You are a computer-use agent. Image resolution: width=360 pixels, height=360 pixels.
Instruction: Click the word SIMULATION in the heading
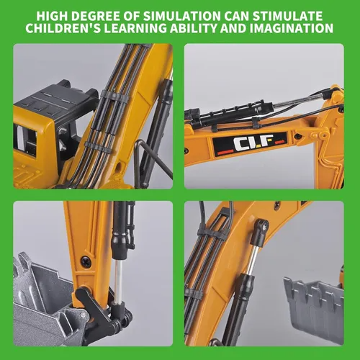pyautogui.click(x=182, y=16)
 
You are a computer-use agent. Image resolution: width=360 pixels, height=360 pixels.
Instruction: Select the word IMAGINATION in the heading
pyautogui.click(x=292, y=28)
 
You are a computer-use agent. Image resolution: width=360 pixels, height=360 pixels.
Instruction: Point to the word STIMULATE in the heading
pyautogui.click(x=287, y=16)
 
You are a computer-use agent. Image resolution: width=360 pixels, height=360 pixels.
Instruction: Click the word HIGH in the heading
pyautogui.click(x=52, y=16)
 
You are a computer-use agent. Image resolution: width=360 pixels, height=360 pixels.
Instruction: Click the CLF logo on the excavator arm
pyautogui.click(x=250, y=143)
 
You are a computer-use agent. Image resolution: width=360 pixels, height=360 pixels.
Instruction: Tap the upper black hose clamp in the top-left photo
pyautogui.click(x=114, y=96)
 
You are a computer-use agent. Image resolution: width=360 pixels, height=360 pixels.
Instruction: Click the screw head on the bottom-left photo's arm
pyautogui.click(x=86, y=261)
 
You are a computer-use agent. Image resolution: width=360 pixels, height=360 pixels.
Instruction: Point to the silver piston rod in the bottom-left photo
pyautogui.click(x=118, y=282)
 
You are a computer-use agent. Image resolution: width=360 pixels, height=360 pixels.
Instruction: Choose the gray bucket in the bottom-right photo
pyautogui.click(x=313, y=305)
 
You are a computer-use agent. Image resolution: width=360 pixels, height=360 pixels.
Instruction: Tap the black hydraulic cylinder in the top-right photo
pyautogui.click(x=230, y=114)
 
